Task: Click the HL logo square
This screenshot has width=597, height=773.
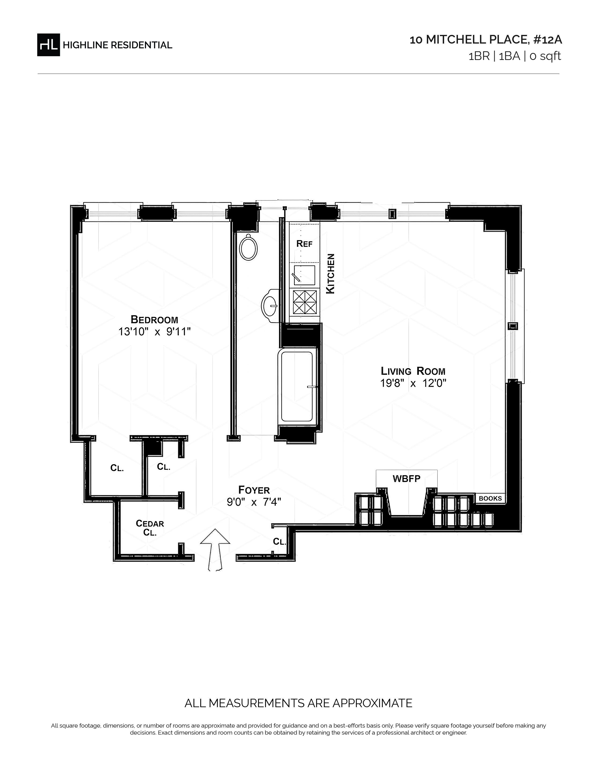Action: click(x=48, y=45)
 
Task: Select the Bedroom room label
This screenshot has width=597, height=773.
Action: click(x=154, y=320)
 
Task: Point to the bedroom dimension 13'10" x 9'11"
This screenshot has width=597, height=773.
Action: click(x=155, y=332)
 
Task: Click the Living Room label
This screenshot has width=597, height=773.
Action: click(x=413, y=371)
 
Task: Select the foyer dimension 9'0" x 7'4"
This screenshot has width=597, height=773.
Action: click(x=254, y=502)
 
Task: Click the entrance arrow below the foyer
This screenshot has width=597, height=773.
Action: click(x=215, y=550)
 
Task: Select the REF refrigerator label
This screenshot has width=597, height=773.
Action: click(x=305, y=244)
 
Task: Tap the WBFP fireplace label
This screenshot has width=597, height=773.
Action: click(x=406, y=479)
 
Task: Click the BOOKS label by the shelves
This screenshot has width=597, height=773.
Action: click(x=490, y=498)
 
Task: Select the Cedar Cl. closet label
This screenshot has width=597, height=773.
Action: click(x=150, y=528)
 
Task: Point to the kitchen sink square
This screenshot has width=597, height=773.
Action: click(x=304, y=275)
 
